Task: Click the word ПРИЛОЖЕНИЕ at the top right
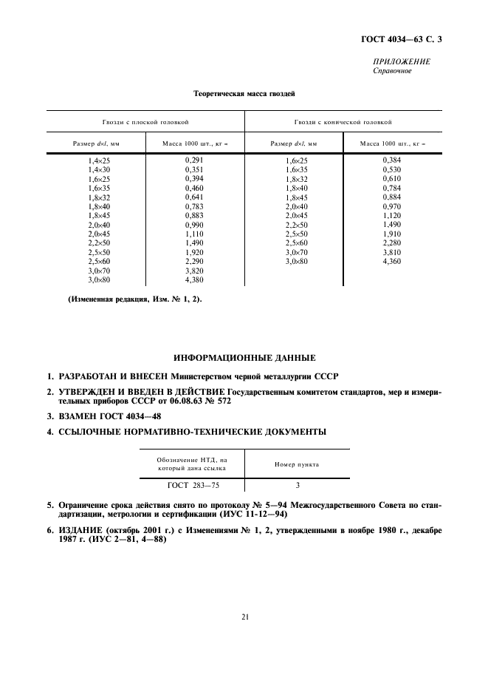click(x=402, y=62)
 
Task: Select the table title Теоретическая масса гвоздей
click(x=244, y=94)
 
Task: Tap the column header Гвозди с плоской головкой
click(x=145, y=121)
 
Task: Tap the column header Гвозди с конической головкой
click(x=343, y=121)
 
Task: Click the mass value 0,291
click(x=194, y=160)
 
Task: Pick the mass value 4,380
click(x=194, y=280)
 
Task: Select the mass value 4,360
click(x=392, y=261)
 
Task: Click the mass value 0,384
click(x=392, y=160)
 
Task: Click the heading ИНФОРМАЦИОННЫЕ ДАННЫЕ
click(x=244, y=357)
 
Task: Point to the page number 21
click(x=244, y=617)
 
